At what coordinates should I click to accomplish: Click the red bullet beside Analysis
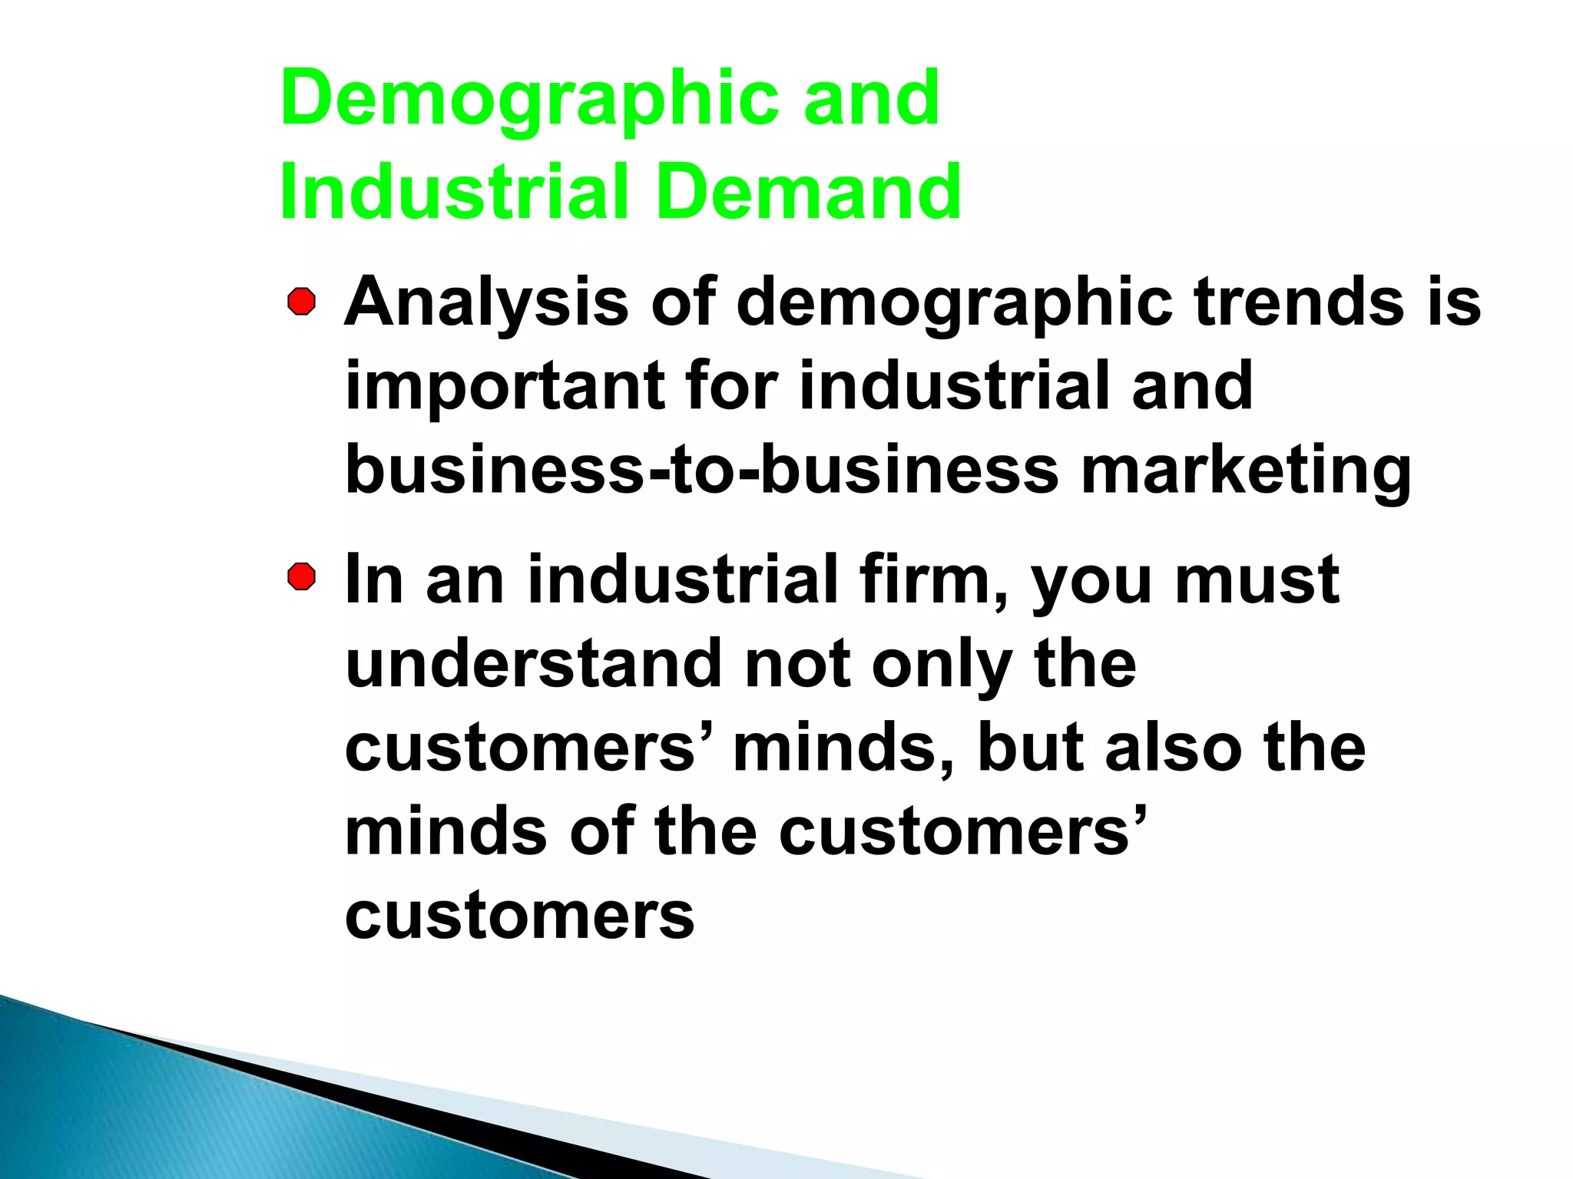(x=302, y=302)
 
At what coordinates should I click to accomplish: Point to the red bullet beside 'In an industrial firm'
(x=302, y=577)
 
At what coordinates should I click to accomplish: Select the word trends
(x=1299, y=302)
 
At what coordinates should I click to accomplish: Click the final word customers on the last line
(x=519, y=916)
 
